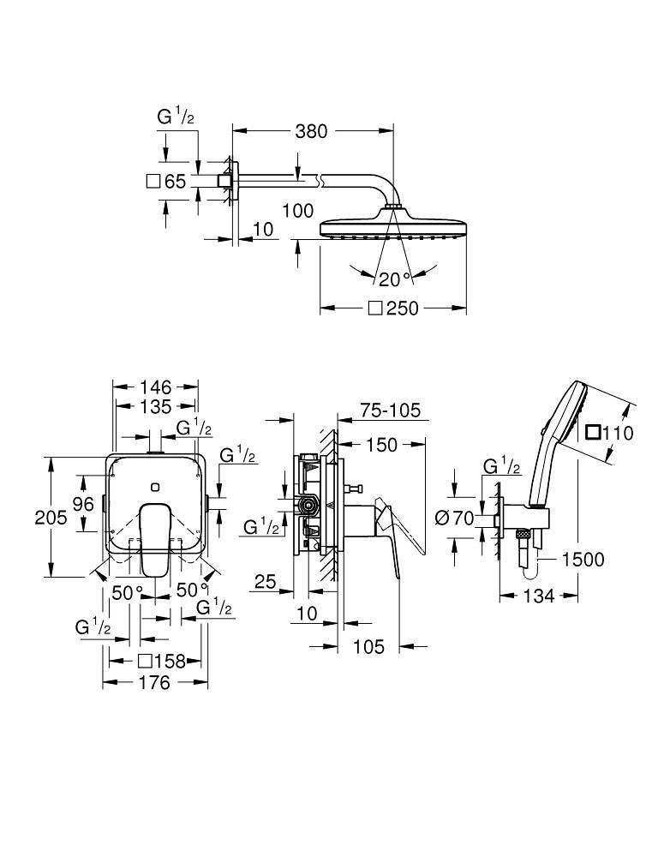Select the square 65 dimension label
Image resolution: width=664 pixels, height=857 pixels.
point(166,182)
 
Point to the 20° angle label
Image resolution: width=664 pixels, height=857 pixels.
point(396,278)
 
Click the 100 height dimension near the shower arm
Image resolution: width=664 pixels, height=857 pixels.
point(297,210)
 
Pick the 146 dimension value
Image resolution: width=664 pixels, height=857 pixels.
point(156,387)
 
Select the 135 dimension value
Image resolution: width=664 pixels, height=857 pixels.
point(156,406)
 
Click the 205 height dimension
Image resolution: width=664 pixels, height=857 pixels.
point(28,517)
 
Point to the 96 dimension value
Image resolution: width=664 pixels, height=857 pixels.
point(82,504)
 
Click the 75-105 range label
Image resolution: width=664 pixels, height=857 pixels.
point(391,411)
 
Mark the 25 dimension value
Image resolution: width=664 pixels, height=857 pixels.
point(265,583)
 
